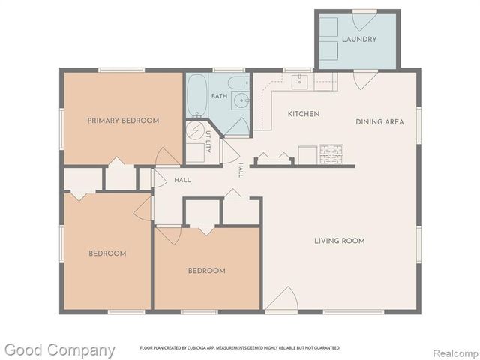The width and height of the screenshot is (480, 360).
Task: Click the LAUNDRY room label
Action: click(359, 40)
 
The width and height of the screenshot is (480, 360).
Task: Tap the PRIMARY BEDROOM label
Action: click(123, 121)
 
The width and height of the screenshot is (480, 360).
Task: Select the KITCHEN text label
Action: click(304, 114)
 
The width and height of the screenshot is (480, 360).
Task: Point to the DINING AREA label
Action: click(379, 121)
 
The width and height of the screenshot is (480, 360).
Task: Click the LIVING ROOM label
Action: click(340, 241)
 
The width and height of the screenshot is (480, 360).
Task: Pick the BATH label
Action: click(219, 96)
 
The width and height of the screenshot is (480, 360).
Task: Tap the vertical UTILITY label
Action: click(208, 142)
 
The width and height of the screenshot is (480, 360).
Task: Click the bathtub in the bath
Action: click(196, 95)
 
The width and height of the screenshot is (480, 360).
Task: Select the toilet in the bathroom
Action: click(238, 82)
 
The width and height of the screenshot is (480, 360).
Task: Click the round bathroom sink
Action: click(242, 100)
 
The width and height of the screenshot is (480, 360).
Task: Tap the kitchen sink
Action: click(299, 82)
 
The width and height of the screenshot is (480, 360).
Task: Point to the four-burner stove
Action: click(331, 154)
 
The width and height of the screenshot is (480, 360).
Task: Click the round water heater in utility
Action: click(195, 130)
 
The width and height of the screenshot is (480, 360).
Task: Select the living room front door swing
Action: click(281, 298)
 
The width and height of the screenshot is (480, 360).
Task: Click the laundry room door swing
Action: click(364, 22)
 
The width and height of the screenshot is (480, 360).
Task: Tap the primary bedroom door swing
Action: click(167, 157)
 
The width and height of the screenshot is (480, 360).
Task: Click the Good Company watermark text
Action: click(60, 350)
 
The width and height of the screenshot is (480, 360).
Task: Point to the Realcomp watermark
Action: click(456, 353)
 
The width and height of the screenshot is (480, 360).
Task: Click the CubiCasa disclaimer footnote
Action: click(240, 348)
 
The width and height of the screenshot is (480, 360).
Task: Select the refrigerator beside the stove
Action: click(307, 155)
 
